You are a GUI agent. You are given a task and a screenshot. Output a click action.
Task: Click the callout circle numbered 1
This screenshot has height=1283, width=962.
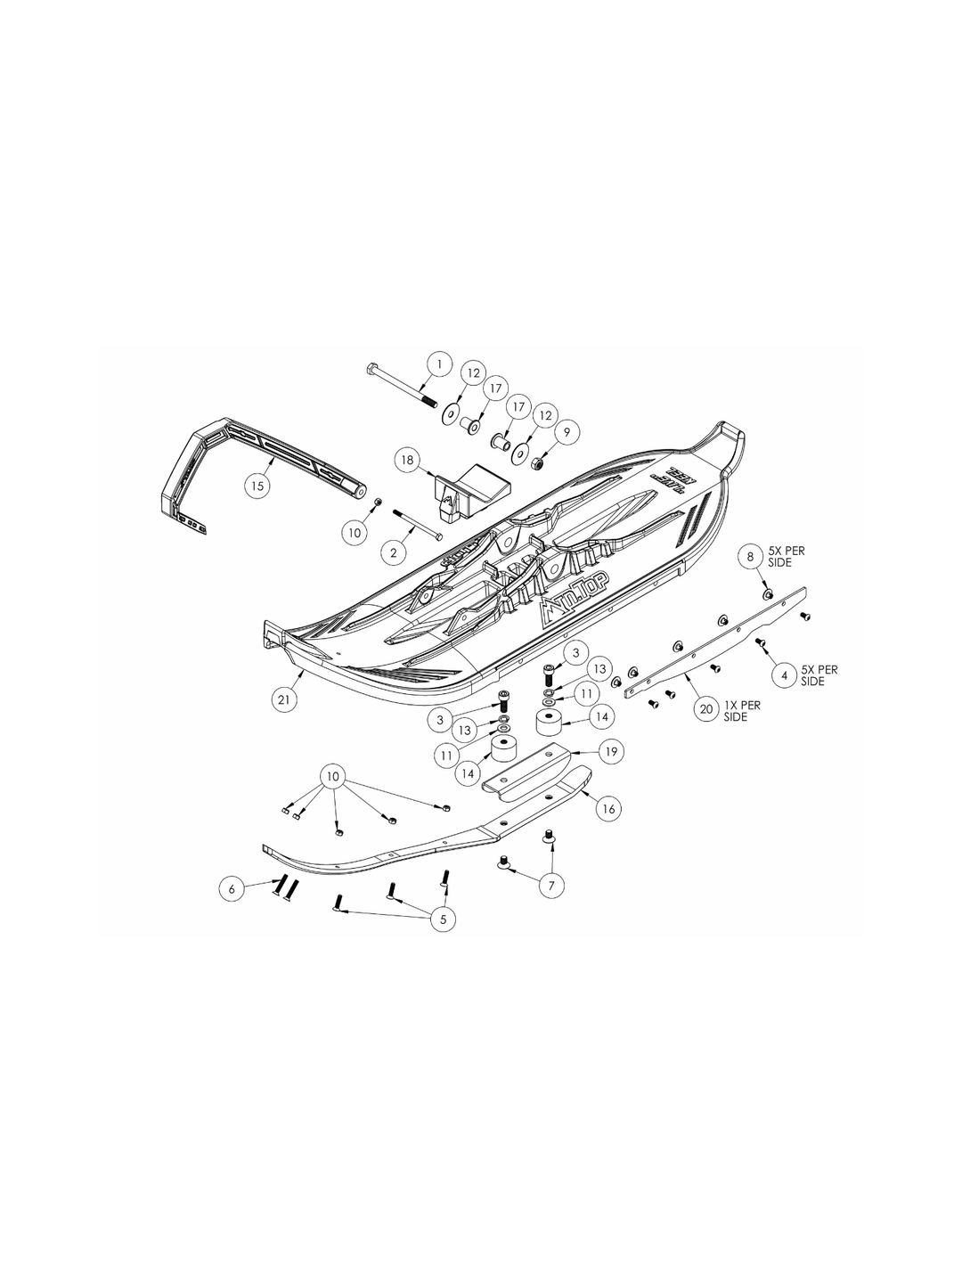437,364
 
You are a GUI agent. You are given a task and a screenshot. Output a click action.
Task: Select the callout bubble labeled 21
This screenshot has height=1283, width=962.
283,700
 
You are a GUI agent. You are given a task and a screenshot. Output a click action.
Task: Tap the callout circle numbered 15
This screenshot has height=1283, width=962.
257,486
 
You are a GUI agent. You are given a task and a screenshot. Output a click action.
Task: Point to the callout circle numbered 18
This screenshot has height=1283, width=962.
408,461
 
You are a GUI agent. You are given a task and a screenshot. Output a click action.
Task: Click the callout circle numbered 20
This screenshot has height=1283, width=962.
705,709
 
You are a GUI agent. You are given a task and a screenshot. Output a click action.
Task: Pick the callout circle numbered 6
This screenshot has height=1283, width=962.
232,888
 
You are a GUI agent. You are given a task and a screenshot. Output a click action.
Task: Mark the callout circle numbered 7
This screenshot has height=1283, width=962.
550,885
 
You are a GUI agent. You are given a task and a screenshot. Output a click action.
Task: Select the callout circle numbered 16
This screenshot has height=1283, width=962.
609,809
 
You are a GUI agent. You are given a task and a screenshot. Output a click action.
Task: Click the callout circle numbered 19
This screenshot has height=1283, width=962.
609,752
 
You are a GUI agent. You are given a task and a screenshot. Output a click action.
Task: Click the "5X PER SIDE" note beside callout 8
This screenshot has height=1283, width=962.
787,557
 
